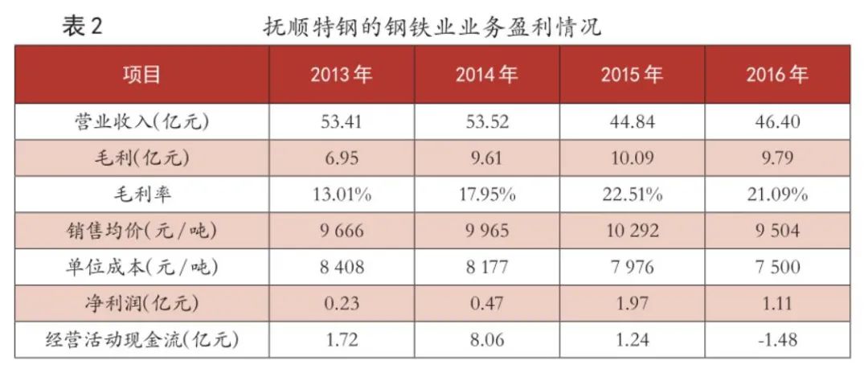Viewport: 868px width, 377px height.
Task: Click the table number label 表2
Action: coord(83,26)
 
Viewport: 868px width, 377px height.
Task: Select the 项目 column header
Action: coord(141,75)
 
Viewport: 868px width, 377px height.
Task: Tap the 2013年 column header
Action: coord(342,75)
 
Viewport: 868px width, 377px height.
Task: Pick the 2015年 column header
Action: coord(632,75)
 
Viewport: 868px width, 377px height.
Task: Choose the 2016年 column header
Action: coord(776,75)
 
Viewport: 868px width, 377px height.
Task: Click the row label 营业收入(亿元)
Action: coord(141,122)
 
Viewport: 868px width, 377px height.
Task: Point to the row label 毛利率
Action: coord(141,194)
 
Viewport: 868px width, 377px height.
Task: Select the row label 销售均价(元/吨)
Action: coord(141,231)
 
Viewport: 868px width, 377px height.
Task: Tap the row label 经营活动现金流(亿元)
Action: coord(141,340)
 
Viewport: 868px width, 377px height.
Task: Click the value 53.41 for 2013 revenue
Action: coord(342,122)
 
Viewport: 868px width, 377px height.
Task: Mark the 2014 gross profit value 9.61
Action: coord(486,158)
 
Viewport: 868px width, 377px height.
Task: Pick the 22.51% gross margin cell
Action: coord(632,195)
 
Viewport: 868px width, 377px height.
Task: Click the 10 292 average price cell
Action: coord(632,231)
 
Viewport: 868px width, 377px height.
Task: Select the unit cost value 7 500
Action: coord(776,268)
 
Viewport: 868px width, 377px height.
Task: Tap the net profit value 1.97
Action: coord(632,304)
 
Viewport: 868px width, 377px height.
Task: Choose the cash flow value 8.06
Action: coord(486,340)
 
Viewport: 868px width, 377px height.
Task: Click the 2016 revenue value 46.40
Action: coord(776,122)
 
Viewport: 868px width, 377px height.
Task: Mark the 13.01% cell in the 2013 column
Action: coord(342,195)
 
